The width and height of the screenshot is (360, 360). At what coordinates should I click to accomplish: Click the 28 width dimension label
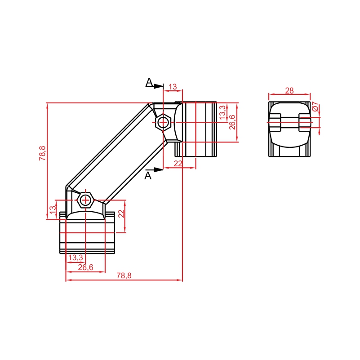289,91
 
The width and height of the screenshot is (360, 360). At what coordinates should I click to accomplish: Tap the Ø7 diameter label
316,107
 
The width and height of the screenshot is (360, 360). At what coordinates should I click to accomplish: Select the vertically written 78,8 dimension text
43,153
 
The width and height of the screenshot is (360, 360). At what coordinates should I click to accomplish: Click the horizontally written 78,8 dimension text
124,276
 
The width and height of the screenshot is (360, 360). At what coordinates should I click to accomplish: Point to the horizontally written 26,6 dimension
86,267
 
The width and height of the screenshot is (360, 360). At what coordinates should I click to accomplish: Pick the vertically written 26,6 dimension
232,122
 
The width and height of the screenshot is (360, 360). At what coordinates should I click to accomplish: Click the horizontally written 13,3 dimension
76,258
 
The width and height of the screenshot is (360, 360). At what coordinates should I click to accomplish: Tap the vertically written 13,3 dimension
222,112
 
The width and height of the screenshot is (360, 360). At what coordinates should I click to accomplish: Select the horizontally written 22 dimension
178,164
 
